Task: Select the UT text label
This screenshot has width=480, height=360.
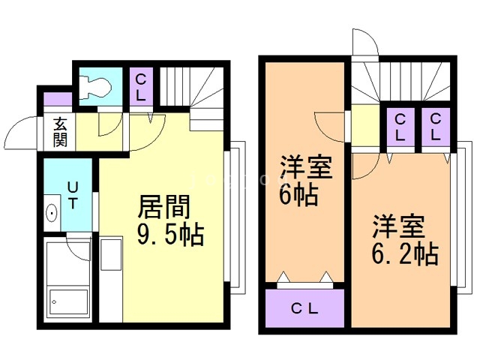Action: click(x=72, y=194)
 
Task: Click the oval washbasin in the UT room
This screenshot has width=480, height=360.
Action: click(x=52, y=214)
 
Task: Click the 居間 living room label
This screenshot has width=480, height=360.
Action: click(x=164, y=205)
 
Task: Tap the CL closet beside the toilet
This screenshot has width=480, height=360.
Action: click(x=140, y=87)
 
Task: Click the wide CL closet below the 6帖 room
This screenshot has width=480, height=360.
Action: click(x=304, y=308)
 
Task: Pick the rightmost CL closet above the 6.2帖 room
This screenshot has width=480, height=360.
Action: click(x=435, y=127)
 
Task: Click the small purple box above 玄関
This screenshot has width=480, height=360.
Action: click(x=57, y=98)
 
